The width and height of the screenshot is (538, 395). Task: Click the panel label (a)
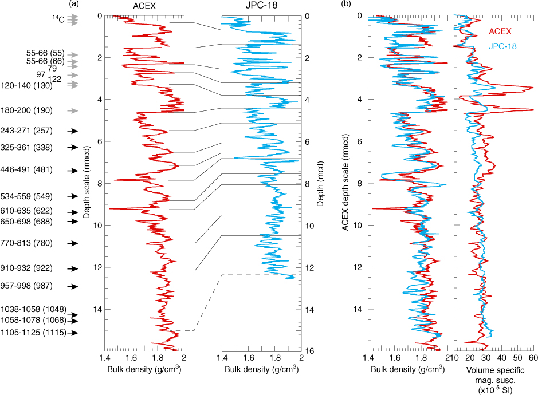[x=73, y=5]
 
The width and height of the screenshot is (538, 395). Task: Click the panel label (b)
[x=346, y=5]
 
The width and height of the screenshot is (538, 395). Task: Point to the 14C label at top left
[x=59, y=19]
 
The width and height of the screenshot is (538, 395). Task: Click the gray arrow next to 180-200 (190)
[x=73, y=110]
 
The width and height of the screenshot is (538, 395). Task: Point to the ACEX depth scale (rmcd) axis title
[x=345, y=183]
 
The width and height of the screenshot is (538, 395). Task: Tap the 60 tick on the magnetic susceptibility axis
[x=533, y=358]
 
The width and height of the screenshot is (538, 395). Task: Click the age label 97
[x=41, y=75]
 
